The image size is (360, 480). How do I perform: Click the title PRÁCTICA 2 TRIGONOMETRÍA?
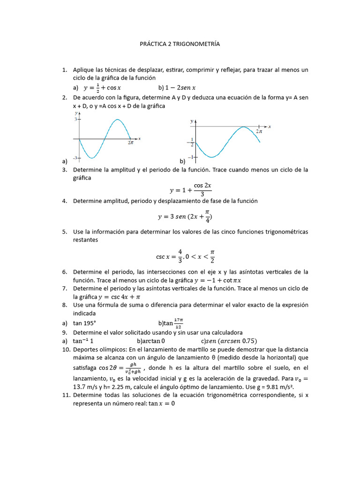(x=180, y=44)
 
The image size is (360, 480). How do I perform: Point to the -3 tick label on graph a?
(x=74, y=158)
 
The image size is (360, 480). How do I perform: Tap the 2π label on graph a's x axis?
(x=131, y=143)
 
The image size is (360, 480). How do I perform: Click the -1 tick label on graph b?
(x=190, y=157)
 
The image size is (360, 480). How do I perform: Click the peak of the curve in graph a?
(x=117, y=120)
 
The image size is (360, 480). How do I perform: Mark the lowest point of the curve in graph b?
(x=212, y=157)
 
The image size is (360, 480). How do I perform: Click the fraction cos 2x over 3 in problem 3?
(x=202, y=190)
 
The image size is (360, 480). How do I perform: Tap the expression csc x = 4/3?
(x=168, y=256)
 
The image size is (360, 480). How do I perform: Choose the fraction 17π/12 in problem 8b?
(x=178, y=323)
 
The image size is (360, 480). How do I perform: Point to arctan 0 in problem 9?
(x=151, y=340)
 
